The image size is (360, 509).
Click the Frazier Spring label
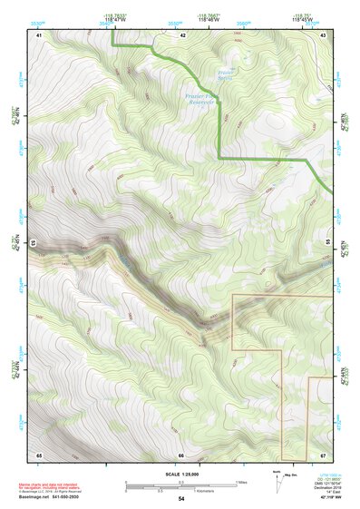click(x=228, y=74)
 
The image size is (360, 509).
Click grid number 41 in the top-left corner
click(x=39, y=34)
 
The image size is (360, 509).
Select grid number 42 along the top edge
click(x=182, y=34)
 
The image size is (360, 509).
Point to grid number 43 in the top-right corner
click(x=324, y=34)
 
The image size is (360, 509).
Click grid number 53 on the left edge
click(x=33, y=243)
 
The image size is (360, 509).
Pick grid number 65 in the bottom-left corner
click(x=39, y=454)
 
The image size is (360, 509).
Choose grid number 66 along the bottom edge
click(x=181, y=455)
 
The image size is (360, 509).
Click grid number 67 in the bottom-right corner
click(x=324, y=454)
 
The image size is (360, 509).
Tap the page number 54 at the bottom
click(x=181, y=500)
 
